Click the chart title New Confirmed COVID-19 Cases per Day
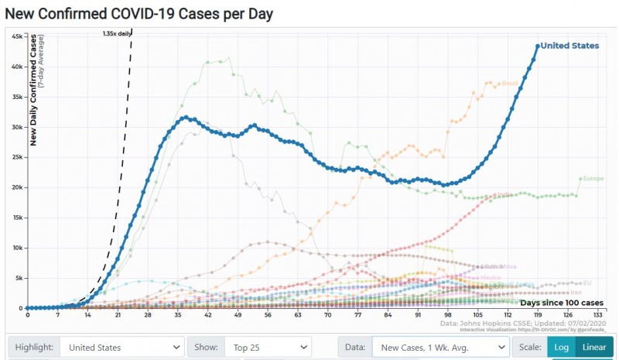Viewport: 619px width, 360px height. [139, 14]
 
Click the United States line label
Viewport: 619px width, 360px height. [569, 46]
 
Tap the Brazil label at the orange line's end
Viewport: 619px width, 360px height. [510, 83]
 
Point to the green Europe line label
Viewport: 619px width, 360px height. [593, 179]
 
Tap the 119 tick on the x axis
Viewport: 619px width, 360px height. [538, 315]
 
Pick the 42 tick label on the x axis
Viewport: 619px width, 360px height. [208, 315]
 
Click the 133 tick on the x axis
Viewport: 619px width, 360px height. [598, 315]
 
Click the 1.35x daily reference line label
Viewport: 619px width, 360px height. [117, 33]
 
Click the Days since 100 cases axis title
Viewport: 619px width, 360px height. [561, 302]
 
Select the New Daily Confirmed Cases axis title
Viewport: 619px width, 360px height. [34, 90]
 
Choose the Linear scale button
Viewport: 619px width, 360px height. [594, 348]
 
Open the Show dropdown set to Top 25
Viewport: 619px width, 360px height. [268, 348]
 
